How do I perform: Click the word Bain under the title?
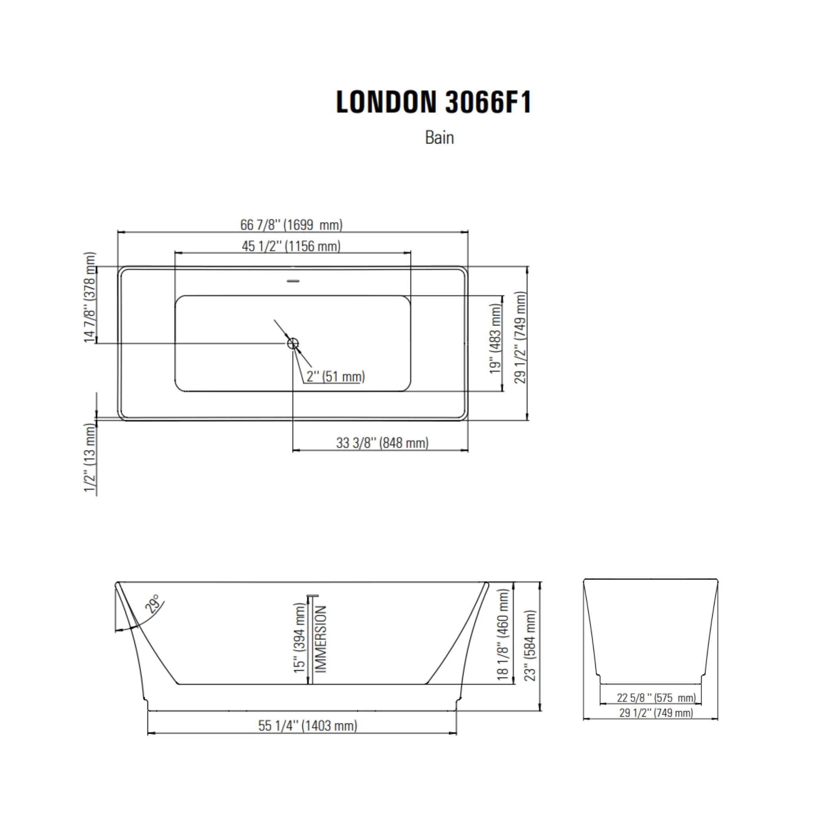440,138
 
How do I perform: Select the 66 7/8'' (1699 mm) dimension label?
291,225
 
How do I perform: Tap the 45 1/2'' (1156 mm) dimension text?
291,246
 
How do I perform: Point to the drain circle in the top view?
293,343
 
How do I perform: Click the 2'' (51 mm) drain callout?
336,376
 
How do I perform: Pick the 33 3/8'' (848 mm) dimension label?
382,443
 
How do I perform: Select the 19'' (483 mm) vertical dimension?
496,339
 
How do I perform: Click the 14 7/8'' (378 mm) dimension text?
90,297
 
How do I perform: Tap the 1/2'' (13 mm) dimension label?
90,457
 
